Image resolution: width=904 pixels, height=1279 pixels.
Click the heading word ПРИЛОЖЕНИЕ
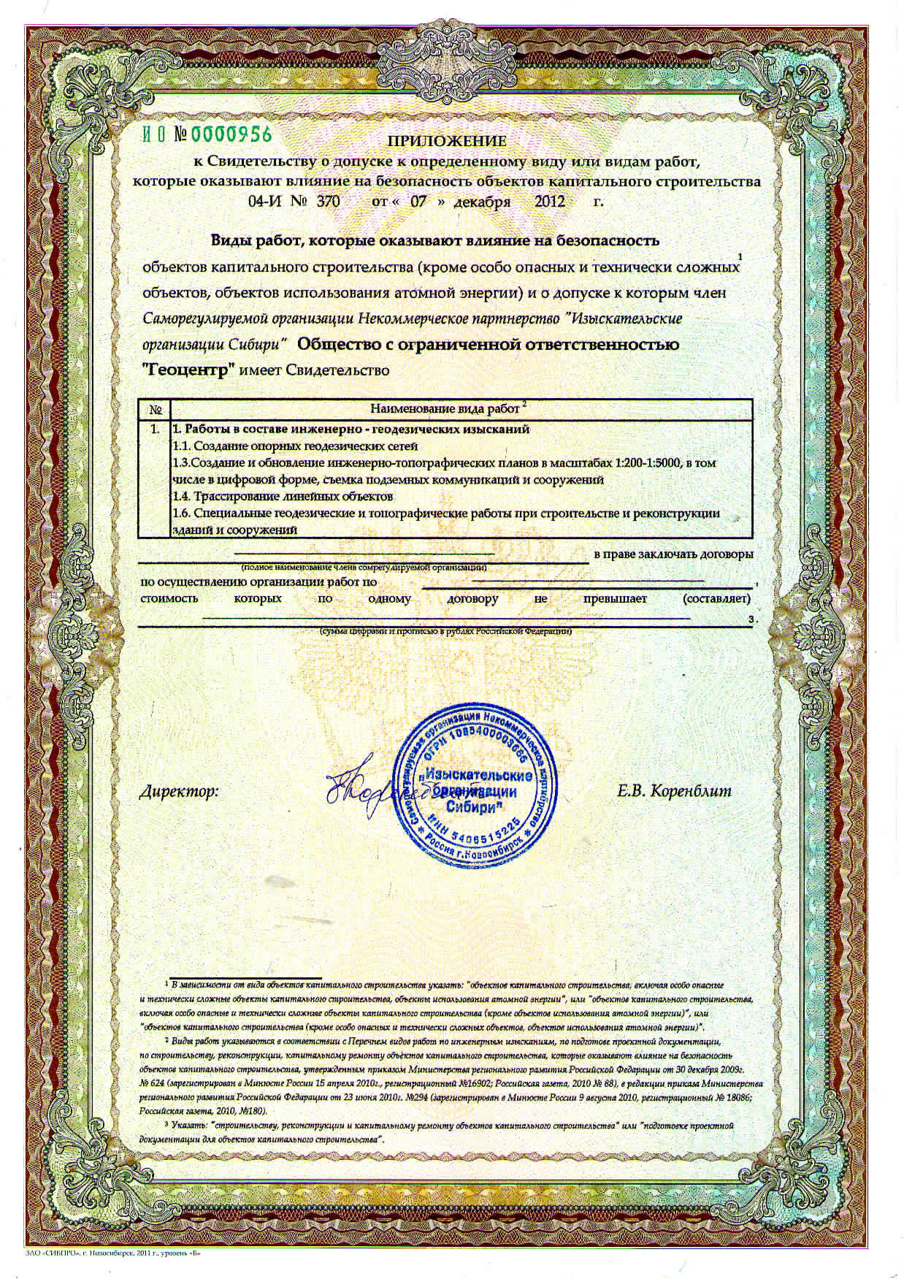446,141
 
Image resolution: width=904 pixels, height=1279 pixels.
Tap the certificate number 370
328,202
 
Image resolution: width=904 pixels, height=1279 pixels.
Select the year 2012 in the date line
550,202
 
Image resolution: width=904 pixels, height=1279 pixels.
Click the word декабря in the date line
482,202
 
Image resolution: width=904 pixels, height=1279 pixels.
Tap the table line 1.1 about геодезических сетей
295,446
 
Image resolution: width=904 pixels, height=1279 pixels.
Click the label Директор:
178,791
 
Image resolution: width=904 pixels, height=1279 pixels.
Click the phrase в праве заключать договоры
673,555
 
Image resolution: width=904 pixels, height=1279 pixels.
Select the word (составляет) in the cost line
716,599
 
